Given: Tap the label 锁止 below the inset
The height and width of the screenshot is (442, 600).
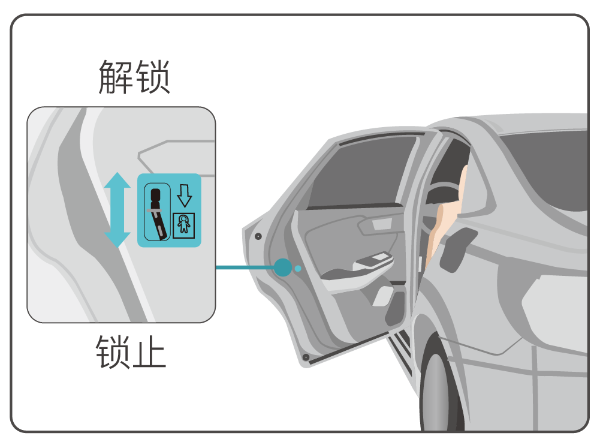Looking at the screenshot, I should pyautogui.click(x=130, y=352).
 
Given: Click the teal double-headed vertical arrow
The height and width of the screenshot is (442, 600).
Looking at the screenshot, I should pyautogui.click(x=117, y=210).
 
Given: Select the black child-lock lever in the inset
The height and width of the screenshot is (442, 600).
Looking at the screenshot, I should pyautogui.click(x=157, y=212).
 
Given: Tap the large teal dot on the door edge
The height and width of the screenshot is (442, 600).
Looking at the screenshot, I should pyautogui.click(x=282, y=267).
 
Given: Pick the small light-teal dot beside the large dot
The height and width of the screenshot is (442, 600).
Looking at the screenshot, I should pyautogui.click(x=298, y=268).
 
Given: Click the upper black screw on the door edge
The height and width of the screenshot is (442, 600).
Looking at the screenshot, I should pyautogui.click(x=257, y=236).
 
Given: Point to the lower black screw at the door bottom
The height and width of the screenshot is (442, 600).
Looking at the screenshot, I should pyautogui.click(x=306, y=357).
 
